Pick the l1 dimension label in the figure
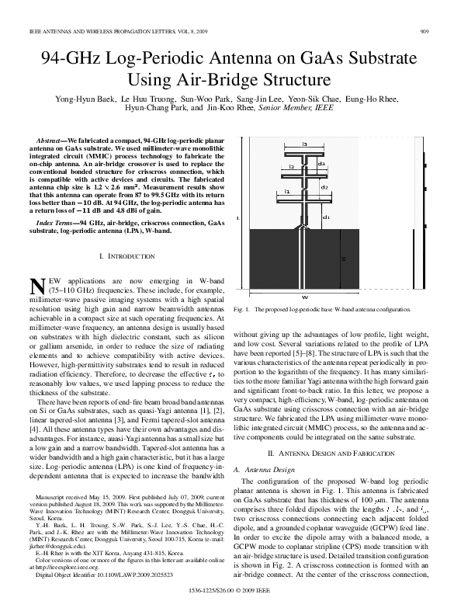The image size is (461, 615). [286, 192]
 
